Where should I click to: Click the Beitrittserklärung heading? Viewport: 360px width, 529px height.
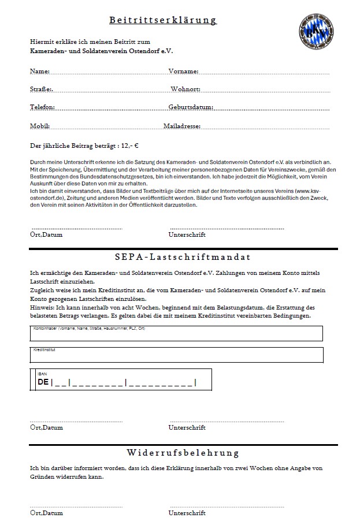click(163, 20)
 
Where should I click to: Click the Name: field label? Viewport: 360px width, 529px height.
click(39, 72)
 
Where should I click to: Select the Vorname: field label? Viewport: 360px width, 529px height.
click(184, 72)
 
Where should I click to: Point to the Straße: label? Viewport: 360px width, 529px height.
click(41, 90)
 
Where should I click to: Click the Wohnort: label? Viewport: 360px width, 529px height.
click(185, 90)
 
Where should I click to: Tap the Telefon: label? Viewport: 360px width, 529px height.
click(42, 107)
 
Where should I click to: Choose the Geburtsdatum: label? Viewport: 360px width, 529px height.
click(191, 107)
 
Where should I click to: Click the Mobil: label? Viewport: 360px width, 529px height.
click(40, 126)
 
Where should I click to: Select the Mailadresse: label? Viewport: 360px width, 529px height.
click(182, 126)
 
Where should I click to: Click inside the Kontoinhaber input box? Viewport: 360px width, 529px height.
click(176, 335)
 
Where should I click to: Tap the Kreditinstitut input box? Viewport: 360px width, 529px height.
click(176, 355)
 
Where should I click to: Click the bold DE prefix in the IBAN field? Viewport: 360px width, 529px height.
click(43, 382)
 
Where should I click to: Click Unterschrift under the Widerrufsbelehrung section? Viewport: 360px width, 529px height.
click(187, 513)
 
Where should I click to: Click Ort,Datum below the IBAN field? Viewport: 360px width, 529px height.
click(46, 427)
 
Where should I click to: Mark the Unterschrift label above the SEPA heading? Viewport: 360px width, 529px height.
click(187, 234)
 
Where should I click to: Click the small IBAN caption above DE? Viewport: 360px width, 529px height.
click(42, 374)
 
